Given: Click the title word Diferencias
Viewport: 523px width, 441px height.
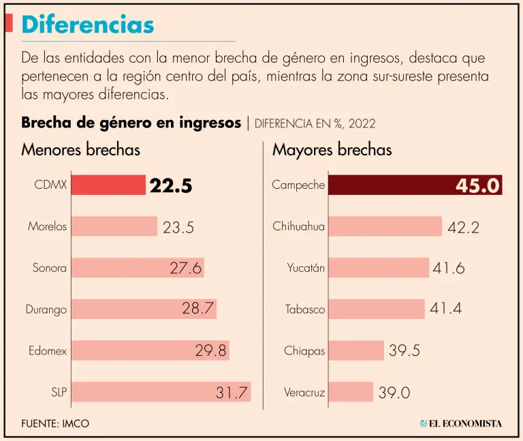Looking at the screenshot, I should pyautogui.click(x=88, y=25).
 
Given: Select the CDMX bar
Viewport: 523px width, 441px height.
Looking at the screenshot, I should pyautogui.click(x=108, y=185).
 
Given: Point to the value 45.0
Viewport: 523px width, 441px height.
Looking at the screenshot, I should pyautogui.click(x=478, y=186).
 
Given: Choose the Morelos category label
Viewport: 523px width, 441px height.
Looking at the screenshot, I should pyautogui.click(x=48, y=226).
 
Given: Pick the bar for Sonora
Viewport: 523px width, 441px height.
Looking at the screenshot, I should pyautogui.click(x=123, y=268).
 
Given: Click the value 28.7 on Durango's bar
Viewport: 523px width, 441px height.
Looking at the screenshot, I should pyautogui.click(x=198, y=309).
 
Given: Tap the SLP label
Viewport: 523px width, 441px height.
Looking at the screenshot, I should pyautogui.click(x=58, y=392).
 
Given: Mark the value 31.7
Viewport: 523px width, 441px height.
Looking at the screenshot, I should pyautogui.click(x=232, y=392).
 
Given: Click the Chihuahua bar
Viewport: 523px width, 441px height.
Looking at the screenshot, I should pyautogui.click(x=385, y=226).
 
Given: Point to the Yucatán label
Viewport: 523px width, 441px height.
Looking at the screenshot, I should pyautogui.click(x=306, y=268).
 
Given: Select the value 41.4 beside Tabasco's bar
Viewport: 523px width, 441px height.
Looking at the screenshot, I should pyautogui.click(x=445, y=309).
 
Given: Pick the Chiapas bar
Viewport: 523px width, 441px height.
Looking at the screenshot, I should pyautogui.click(x=355, y=350).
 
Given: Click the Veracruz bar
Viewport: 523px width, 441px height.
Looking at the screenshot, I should pyautogui.click(x=350, y=392).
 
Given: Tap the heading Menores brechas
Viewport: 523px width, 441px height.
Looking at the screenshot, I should pyautogui.click(x=80, y=150).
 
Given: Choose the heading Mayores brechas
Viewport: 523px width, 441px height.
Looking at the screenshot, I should pyautogui.click(x=332, y=150).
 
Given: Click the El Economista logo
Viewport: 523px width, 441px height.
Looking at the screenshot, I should pyautogui.click(x=460, y=423).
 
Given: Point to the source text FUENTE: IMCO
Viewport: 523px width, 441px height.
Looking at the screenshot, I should pyautogui.click(x=55, y=423).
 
